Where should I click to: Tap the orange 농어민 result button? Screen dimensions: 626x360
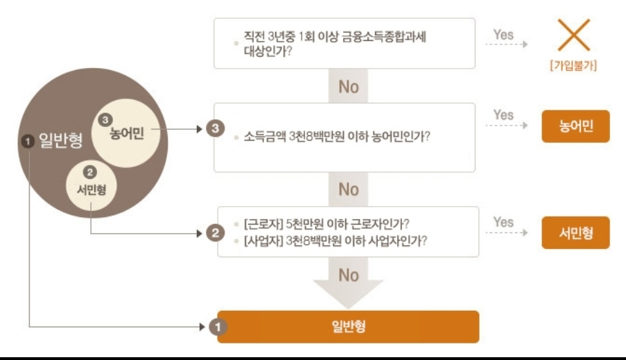coord(575,126)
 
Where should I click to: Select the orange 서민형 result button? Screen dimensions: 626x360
coord(575,232)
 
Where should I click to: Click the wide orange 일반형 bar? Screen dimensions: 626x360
coord(348,326)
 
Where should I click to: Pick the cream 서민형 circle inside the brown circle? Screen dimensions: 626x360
coord(92,182)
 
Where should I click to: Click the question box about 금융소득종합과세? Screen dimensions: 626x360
coord(344,43)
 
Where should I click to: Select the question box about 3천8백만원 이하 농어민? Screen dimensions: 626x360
coord(344,137)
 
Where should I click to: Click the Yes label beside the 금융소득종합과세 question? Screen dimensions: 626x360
coord(503,34)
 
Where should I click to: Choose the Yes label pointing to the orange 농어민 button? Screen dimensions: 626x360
coord(503,114)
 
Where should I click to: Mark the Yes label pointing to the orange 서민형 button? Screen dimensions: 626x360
coord(503,222)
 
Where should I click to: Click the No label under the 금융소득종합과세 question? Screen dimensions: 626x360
coord(349,87)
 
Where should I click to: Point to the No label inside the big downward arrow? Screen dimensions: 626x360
coord(349,275)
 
